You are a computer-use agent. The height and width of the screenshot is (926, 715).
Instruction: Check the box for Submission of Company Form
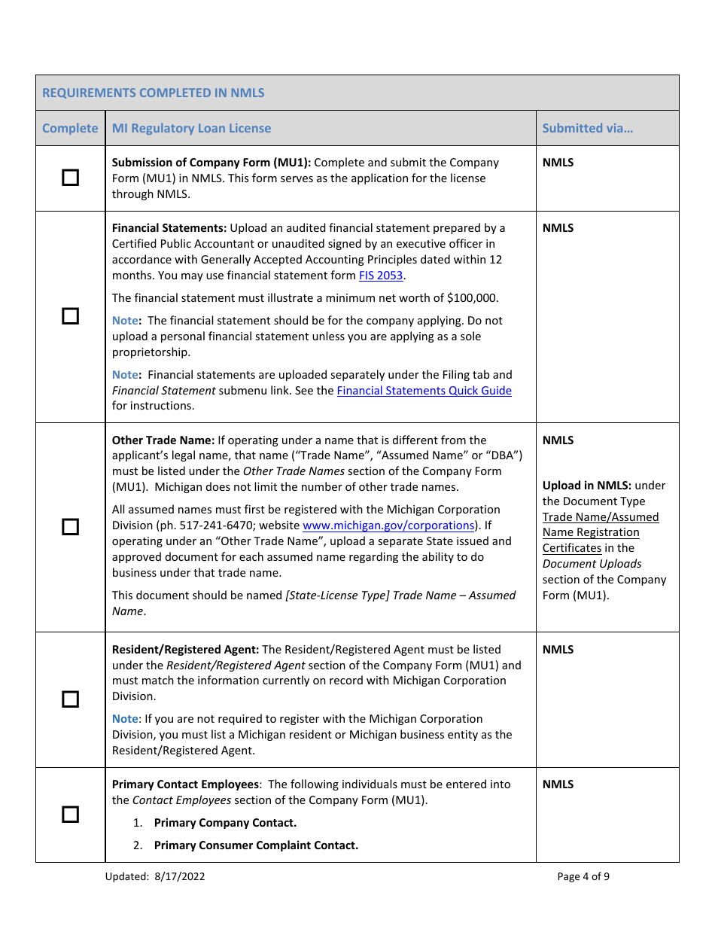70,178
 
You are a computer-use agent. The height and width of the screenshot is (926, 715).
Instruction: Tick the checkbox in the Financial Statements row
70,316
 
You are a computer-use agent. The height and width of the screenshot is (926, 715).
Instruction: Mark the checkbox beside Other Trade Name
70,526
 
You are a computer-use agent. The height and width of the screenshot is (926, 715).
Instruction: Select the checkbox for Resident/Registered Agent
70,699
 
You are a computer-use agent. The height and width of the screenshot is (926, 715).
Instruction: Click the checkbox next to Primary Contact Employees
70,815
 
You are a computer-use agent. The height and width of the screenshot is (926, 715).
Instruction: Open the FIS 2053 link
381,276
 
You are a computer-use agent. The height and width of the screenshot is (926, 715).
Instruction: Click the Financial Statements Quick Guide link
424,391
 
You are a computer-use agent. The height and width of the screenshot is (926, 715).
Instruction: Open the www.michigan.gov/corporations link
388,525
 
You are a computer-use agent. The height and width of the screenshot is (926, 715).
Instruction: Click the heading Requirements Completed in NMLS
154,93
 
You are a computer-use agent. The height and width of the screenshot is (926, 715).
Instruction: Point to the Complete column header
70,128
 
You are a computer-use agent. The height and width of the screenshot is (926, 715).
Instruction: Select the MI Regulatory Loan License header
191,128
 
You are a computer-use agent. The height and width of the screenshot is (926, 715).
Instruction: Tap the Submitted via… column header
587,128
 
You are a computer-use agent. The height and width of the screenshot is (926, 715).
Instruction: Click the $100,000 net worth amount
472,298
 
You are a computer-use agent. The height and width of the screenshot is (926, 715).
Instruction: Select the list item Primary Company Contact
225,823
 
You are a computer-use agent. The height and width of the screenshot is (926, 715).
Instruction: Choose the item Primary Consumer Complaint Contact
256,845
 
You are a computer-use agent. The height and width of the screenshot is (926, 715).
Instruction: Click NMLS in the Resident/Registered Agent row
558,650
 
